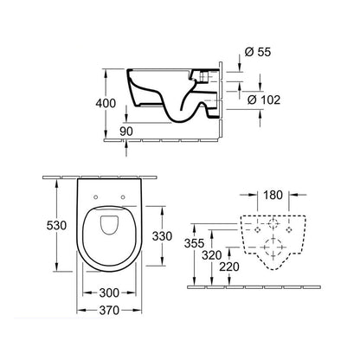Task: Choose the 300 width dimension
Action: (x=108, y=294)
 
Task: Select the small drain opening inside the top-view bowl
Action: (x=108, y=228)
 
